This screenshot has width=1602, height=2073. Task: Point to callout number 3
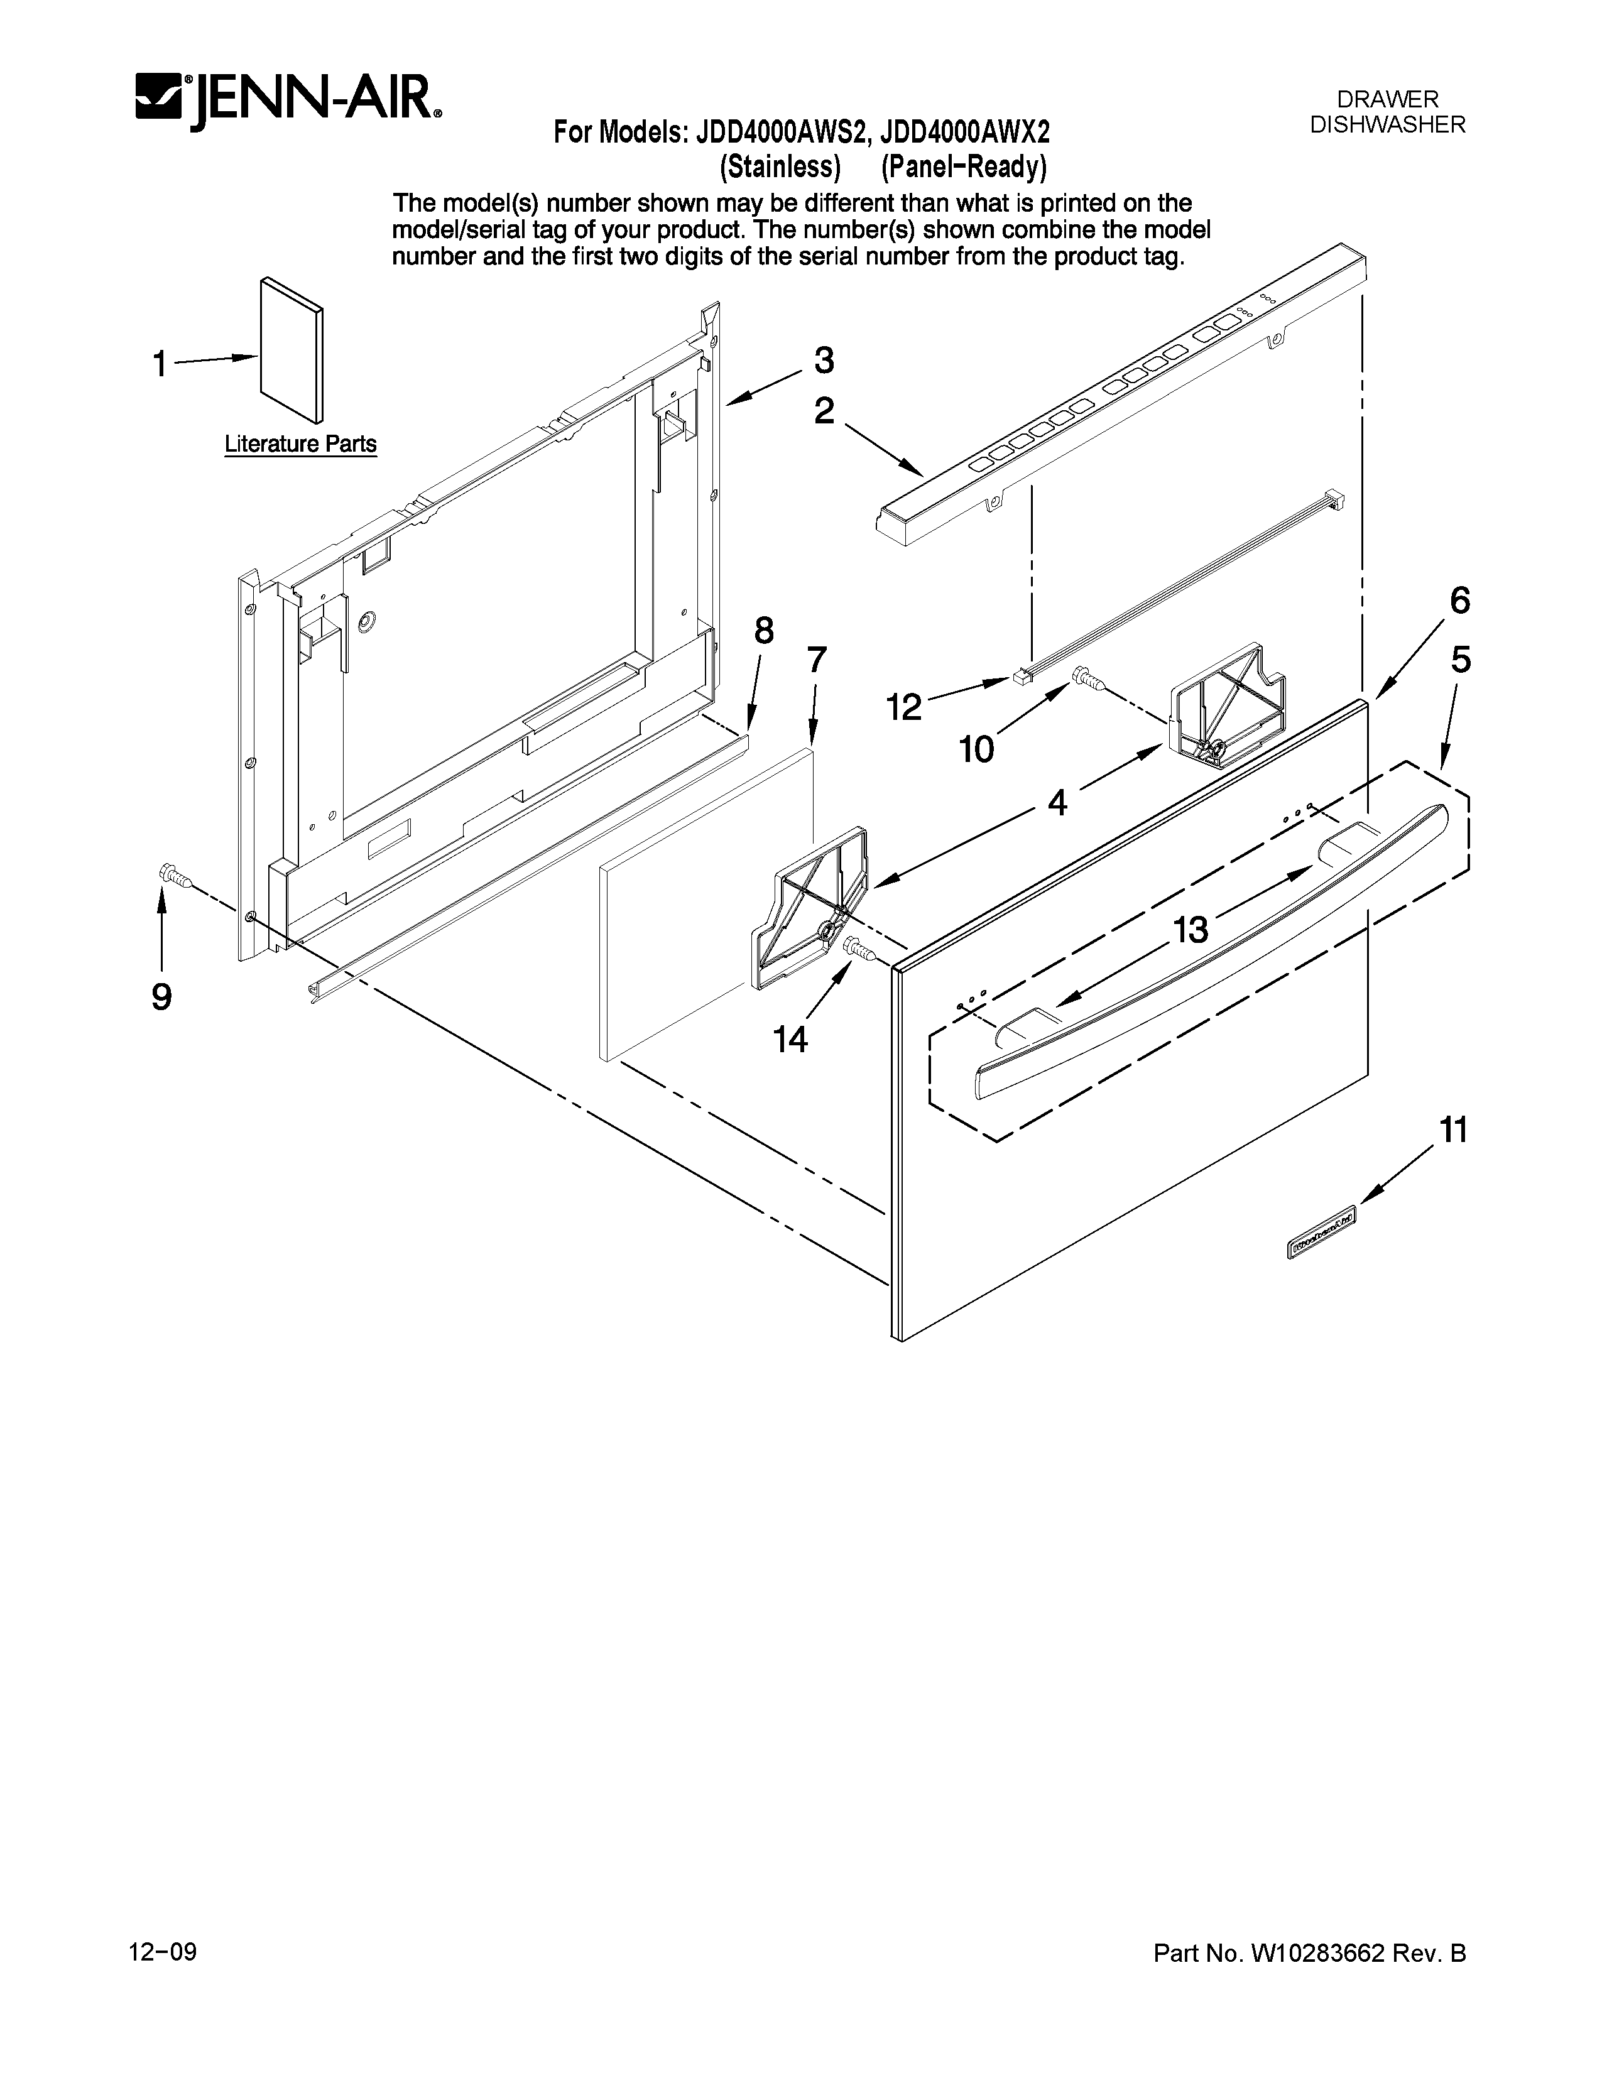pyautogui.click(x=824, y=361)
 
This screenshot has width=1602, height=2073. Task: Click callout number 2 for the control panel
pyautogui.click(x=824, y=411)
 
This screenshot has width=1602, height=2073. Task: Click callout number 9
pyautogui.click(x=161, y=997)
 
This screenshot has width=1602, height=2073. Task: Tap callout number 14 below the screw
pyautogui.click(x=790, y=1040)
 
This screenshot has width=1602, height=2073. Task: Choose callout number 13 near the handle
pyautogui.click(x=1190, y=929)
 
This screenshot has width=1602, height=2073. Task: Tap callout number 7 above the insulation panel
pyautogui.click(x=816, y=660)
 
